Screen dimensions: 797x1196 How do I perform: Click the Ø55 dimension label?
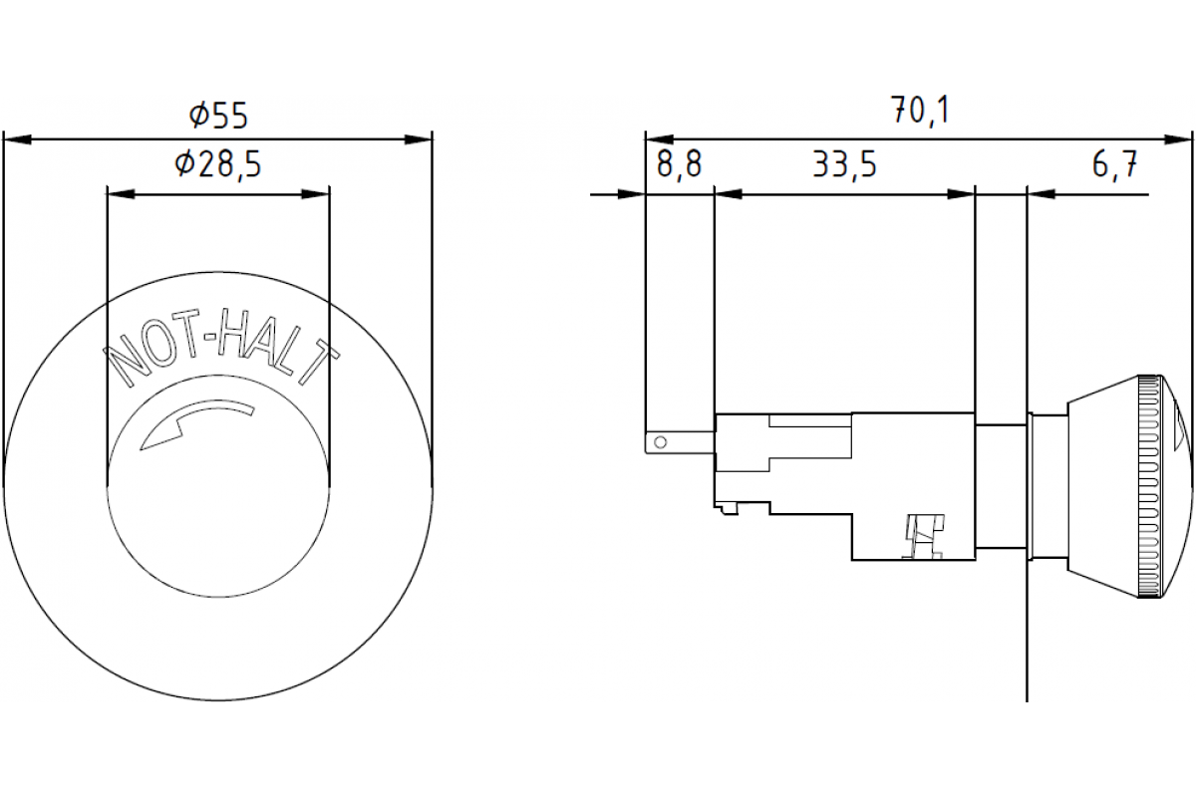(x=218, y=117)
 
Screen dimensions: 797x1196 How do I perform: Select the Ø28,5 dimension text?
(x=217, y=165)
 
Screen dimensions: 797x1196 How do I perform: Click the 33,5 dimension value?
(x=843, y=165)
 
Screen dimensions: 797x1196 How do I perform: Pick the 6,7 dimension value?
(x=1114, y=165)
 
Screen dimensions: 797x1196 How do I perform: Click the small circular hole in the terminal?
(x=658, y=439)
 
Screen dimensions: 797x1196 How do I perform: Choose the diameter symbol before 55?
(x=198, y=117)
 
